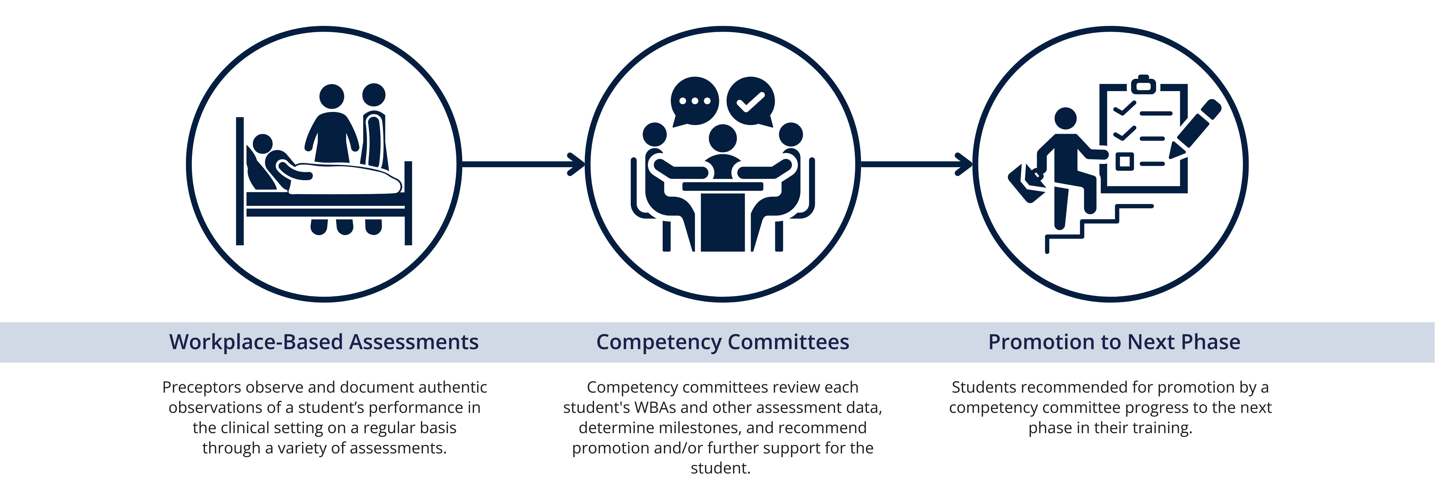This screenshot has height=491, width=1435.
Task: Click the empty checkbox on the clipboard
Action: pos(1124,162)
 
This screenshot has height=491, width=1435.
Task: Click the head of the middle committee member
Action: pos(723,138)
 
